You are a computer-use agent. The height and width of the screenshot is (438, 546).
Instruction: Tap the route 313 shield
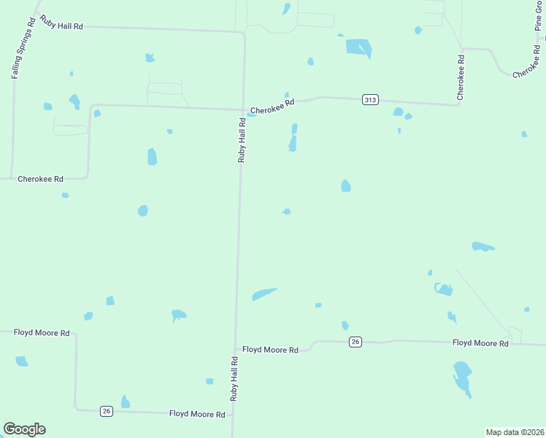point(370,99)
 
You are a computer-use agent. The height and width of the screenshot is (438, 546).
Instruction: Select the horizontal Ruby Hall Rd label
point(61,26)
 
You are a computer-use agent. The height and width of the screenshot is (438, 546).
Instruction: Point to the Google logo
point(24,429)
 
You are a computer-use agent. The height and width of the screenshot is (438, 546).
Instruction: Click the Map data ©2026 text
point(514,431)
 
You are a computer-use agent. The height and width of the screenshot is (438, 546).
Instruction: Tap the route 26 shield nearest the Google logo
point(107,412)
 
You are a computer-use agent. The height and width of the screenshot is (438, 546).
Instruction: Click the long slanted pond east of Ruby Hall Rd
point(264,293)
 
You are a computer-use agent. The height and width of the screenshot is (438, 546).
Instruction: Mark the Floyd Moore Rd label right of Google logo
point(197,414)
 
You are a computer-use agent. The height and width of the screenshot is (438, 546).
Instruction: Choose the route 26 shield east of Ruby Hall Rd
point(355,342)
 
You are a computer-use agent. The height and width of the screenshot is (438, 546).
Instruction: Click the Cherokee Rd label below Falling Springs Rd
point(40,178)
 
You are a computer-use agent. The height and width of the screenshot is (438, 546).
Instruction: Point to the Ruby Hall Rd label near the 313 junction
point(241,139)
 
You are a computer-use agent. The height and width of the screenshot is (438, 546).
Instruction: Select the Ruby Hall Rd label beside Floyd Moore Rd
point(234,379)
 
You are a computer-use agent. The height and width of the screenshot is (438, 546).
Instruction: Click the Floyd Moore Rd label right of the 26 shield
point(480,342)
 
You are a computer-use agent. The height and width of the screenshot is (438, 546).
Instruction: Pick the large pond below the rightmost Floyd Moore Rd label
point(462,377)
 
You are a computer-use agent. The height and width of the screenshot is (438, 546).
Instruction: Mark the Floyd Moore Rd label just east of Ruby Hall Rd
point(270,350)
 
